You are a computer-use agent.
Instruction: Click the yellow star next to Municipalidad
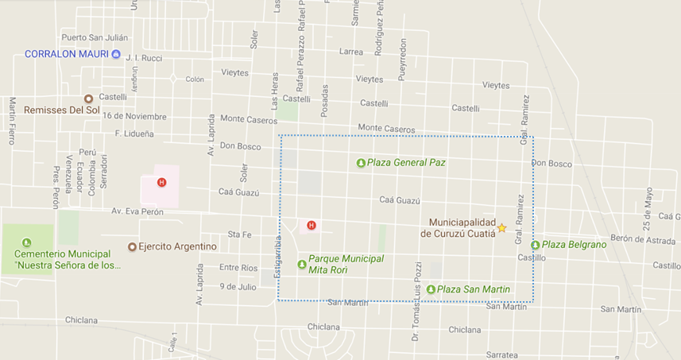point(501,228)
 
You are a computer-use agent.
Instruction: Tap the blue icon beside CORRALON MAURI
point(116,54)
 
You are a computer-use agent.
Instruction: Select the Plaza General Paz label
point(406,162)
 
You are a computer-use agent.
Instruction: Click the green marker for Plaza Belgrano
point(536,245)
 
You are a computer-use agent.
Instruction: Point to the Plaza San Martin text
point(474,289)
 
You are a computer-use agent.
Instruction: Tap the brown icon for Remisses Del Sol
point(89,99)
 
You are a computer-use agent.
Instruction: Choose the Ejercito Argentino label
point(177,246)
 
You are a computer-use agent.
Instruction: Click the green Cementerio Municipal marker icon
point(27,242)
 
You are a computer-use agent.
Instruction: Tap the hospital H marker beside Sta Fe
point(311,225)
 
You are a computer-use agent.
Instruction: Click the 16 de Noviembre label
point(134,116)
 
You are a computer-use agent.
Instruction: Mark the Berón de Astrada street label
point(643,238)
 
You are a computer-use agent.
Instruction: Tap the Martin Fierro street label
point(12,120)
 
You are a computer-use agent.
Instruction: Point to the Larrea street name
point(350,52)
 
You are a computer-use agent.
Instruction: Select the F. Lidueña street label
point(134,134)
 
